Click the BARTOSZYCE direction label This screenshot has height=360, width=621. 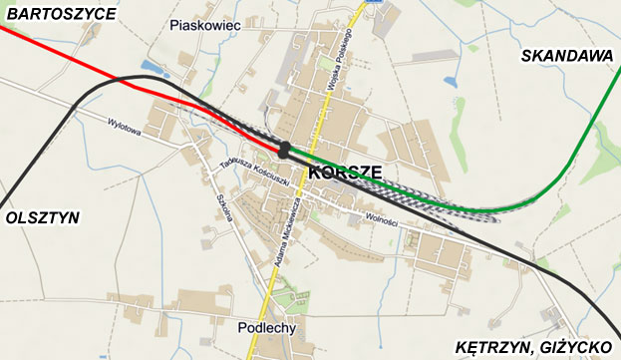tap(59, 14)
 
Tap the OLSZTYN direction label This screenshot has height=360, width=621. tap(42, 217)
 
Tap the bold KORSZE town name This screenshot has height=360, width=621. tap(346, 173)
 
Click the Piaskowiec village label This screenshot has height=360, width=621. tap(207, 25)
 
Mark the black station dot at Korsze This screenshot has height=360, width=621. tap(286, 150)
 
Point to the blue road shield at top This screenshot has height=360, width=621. tap(375, 3)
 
